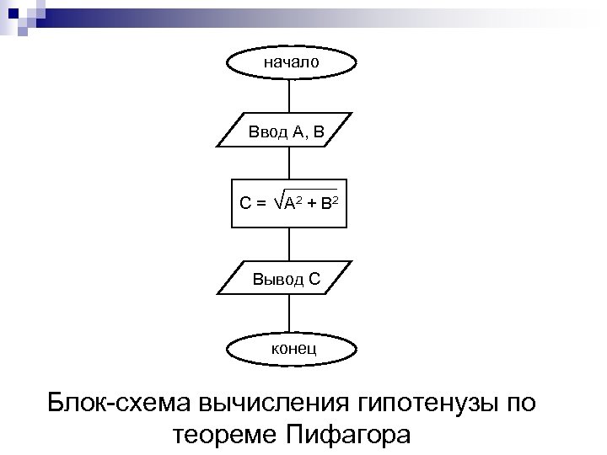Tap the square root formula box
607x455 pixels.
289,202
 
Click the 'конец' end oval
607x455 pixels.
292,348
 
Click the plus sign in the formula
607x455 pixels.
312,203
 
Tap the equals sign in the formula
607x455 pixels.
261,203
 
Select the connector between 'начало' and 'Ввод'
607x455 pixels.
289,95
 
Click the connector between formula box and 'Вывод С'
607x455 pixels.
289,244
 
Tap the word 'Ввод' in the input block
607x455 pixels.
266,131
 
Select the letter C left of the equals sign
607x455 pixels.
245,203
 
